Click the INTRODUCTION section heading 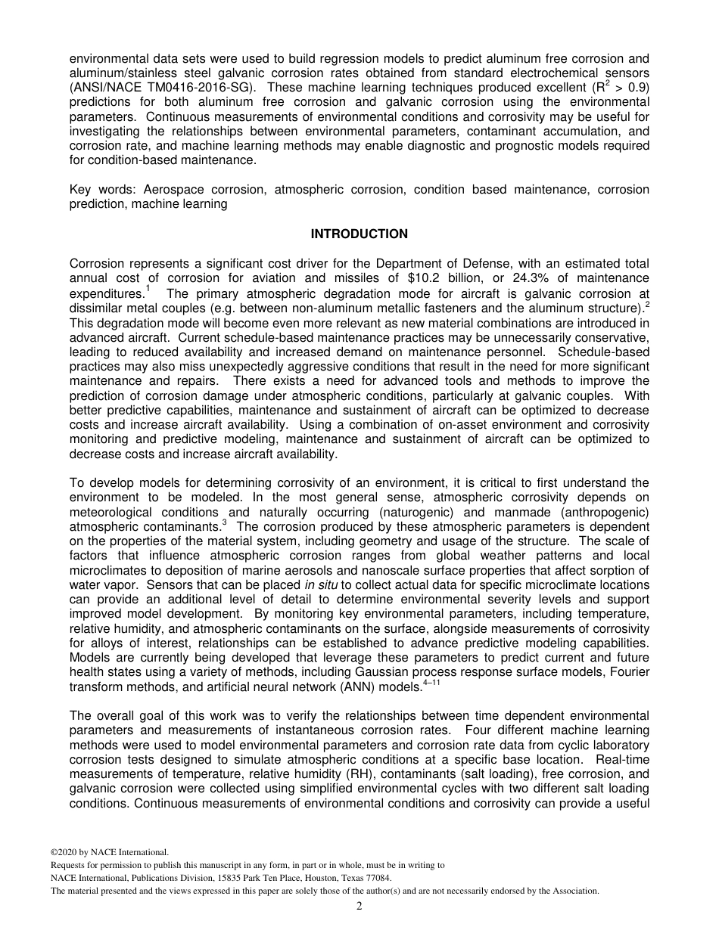point(359,234)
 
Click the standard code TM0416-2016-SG point(178,87)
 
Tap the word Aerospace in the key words point(173,189)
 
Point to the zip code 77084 point(377,878)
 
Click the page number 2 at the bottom point(359,907)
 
